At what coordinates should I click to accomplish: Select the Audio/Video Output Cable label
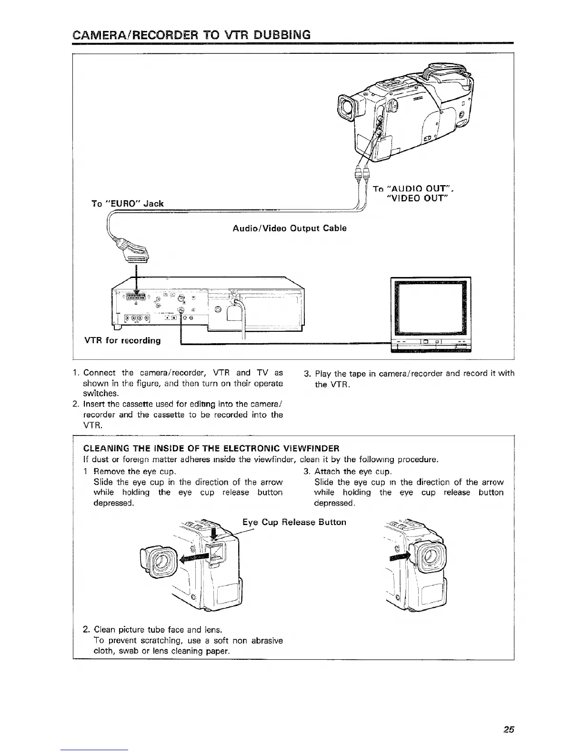[289, 228]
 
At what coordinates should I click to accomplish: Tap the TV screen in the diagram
[431, 307]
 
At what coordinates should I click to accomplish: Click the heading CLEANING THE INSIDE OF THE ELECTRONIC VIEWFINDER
[211, 448]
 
